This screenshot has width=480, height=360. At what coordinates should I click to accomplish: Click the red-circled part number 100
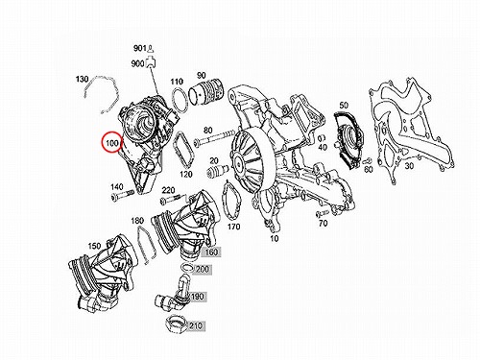[112, 143]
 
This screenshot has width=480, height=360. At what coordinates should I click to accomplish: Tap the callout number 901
[140, 48]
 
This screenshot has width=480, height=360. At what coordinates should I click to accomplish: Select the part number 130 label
[83, 79]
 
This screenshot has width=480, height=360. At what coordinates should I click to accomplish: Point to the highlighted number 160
[211, 252]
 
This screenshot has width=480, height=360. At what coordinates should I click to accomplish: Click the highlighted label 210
[196, 326]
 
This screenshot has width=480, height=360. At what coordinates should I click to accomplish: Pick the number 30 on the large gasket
[409, 166]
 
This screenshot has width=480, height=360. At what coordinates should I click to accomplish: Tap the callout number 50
[344, 105]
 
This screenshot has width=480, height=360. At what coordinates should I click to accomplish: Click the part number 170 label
[233, 227]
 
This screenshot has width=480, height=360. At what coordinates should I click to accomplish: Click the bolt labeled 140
[123, 195]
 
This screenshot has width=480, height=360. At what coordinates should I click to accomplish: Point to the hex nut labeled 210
[175, 324]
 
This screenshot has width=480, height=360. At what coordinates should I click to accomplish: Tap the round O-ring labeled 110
[180, 100]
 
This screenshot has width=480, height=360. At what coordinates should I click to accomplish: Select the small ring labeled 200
[187, 267]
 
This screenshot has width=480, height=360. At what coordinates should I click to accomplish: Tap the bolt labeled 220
[173, 200]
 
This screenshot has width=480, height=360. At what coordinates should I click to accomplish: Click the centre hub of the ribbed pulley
[238, 163]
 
